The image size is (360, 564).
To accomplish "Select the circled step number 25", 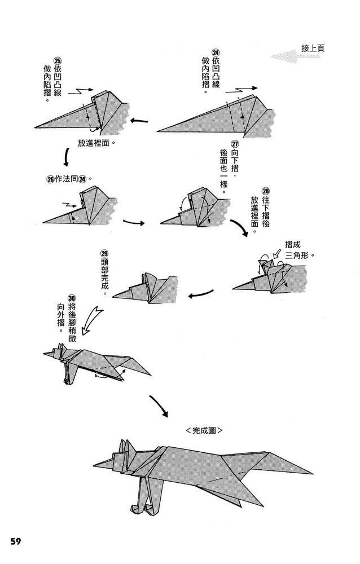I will tap(56, 61).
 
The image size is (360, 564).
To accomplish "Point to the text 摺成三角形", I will tap(297, 250).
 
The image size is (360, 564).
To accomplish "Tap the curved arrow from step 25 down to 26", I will tap(66, 157).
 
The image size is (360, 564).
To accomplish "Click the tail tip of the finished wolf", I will tap(311, 473).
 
